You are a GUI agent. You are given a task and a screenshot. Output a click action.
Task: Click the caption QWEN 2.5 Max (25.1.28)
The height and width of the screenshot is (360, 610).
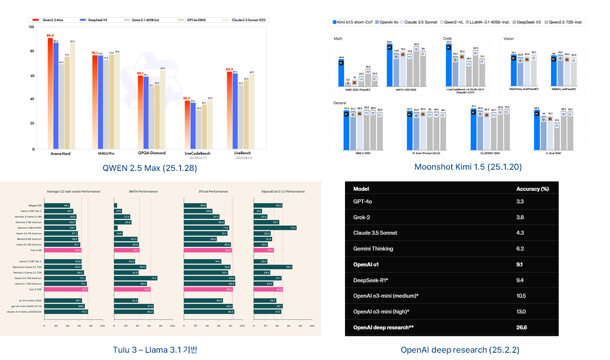pos(149,168)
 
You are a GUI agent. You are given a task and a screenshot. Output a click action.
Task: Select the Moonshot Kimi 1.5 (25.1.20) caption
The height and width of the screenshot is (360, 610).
pos(468,167)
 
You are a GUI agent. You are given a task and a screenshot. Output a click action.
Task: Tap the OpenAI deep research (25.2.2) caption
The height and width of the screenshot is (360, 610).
pos(460,350)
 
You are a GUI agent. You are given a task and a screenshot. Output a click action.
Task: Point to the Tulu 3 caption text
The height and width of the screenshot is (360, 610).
pos(155,350)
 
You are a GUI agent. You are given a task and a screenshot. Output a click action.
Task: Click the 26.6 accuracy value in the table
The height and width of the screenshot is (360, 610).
pos(522,327)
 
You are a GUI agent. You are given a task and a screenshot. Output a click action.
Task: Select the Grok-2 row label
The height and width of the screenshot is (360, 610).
pos(362,217)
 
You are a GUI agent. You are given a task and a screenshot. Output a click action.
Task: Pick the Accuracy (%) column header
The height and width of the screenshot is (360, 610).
pos(532,189)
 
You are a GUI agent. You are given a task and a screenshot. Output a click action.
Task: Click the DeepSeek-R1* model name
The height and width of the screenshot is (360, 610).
pos(370,280)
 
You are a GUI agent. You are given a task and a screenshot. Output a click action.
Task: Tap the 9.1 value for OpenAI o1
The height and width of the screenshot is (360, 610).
pos(520,265)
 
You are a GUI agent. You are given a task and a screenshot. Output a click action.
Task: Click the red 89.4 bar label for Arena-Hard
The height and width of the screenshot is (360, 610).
pos(50,36)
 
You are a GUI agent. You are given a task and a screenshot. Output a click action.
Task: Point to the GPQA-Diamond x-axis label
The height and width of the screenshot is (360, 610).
pos(151,153)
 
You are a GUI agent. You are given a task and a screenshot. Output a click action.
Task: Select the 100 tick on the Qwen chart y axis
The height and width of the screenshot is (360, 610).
pos(32,27)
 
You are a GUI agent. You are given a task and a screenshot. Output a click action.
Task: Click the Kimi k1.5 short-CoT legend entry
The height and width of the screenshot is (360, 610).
pos(352,22)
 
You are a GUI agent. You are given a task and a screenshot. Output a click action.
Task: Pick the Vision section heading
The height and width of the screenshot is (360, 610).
pos(508,39)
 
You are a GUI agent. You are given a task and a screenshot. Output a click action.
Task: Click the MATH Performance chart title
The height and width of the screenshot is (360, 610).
pos(143,192)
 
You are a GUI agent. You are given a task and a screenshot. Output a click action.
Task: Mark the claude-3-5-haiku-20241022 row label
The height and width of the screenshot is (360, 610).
pos(24,312)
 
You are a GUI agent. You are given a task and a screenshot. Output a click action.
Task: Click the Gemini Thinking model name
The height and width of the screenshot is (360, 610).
pos(373,249)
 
